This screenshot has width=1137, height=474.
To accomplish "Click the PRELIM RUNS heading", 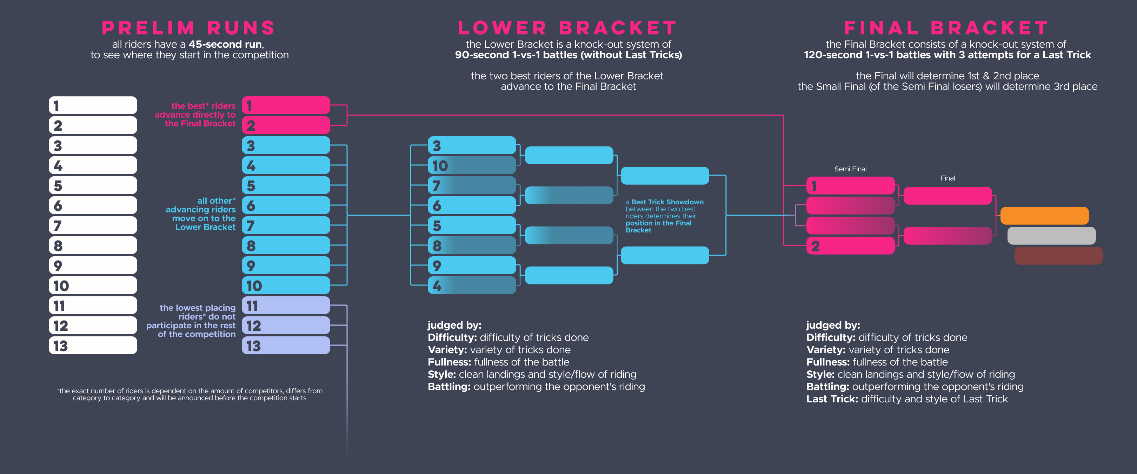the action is coord(188,28).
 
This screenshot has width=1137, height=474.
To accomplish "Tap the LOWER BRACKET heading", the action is coord(567,28).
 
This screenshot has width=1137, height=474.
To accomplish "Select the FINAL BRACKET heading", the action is coord(946,28).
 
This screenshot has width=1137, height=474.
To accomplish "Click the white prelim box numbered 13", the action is coord(93,345).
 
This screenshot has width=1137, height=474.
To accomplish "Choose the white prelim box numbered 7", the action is coord(93,225).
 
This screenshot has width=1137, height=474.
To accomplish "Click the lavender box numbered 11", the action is coord(286,305).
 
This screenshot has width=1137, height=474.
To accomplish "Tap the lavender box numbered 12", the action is coord(286,325).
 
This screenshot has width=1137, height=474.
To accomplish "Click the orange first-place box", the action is coord(1044,216).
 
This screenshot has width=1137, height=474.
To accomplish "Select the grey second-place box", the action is coord(1051,236).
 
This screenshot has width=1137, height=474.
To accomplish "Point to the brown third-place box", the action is coord(1058,256).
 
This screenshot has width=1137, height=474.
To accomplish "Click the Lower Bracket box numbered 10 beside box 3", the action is coord(472,165).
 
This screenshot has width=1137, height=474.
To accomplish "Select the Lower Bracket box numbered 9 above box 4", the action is coord(472,265).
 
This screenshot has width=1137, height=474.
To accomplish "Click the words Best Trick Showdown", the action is coord(667,202).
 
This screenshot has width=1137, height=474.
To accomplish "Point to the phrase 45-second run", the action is coord(225,44).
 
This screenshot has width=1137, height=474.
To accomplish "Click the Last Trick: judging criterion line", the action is coord(907,399).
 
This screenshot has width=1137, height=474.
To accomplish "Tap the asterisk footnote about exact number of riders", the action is coord(189,395).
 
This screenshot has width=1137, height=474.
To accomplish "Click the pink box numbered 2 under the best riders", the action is coord(286,125).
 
